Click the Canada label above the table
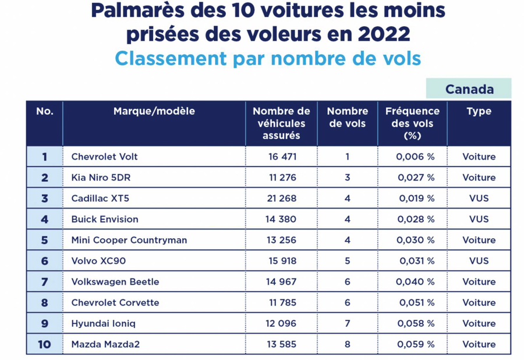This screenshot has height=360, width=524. [469, 89]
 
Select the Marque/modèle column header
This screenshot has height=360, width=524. [154, 111]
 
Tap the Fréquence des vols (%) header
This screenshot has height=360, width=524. [412, 123]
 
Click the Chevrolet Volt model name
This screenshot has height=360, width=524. [104, 157]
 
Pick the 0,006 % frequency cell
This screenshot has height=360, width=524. [415, 157]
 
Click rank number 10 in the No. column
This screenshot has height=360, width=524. [44, 344]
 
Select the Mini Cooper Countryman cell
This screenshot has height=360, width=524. [129, 240]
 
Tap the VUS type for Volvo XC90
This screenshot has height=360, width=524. [479, 261]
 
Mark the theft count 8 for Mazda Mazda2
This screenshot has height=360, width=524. [348, 344]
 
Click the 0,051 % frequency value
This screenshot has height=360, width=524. [415, 303]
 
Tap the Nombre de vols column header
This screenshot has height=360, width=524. [348, 117]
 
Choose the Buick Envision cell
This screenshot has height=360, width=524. [105, 220]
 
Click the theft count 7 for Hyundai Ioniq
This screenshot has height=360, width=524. [348, 323]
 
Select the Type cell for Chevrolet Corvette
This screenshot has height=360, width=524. [479, 303]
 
